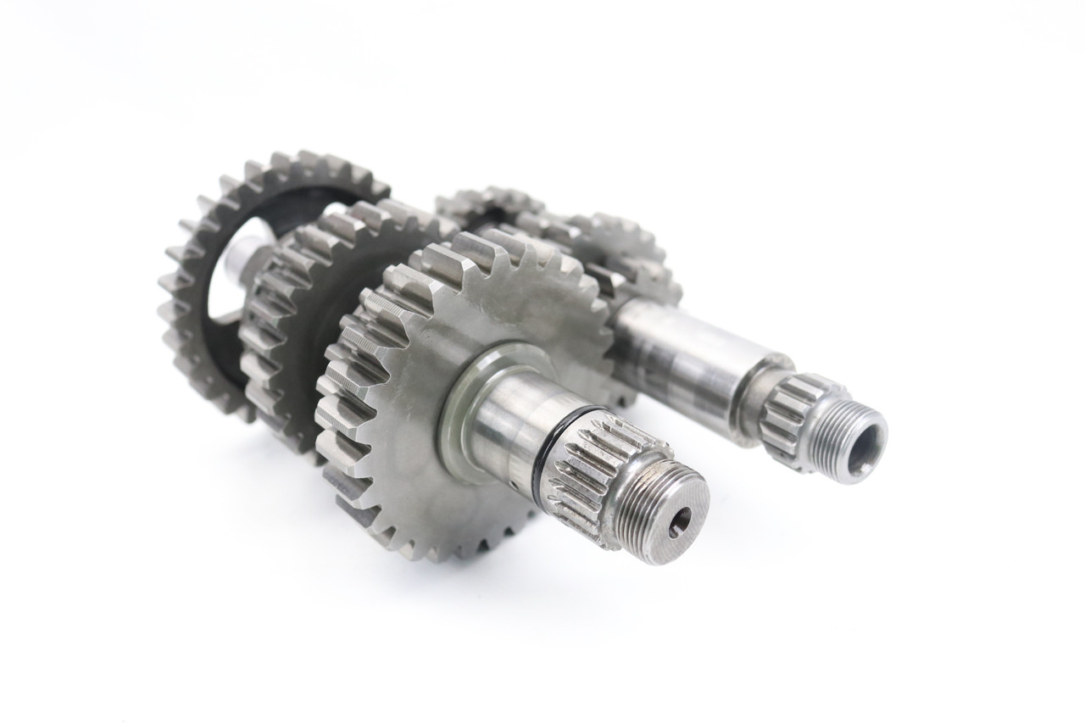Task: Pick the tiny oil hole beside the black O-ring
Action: (x=560, y=464)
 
